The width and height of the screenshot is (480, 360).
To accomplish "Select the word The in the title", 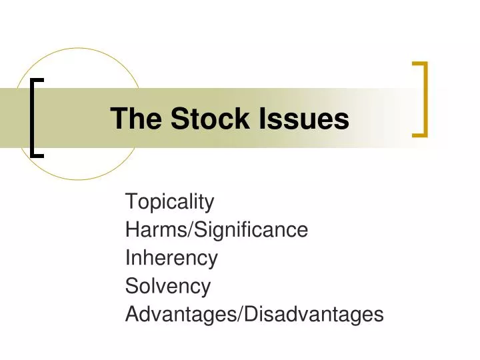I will [x=137, y=119].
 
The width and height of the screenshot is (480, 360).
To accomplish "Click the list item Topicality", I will [x=169, y=201].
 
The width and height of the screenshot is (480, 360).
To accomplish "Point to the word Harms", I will [x=156, y=230].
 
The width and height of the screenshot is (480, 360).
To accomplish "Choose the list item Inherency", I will [x=171, y=258].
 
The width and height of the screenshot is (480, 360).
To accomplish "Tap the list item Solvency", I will [x=167, y=287].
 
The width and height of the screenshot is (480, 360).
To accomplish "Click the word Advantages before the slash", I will [x=181, y=314].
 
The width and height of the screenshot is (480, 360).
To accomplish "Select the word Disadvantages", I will [x=314, y=314].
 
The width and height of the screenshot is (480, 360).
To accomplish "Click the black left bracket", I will [x=34, y=117].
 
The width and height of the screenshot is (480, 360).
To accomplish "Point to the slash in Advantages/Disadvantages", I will [x=240, y=314].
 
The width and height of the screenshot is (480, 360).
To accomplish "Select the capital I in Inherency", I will [x=128, y=258].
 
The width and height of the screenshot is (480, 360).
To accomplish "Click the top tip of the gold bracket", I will [x=419, y=64].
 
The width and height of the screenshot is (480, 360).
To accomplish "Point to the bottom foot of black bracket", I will [x=38, y=155].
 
